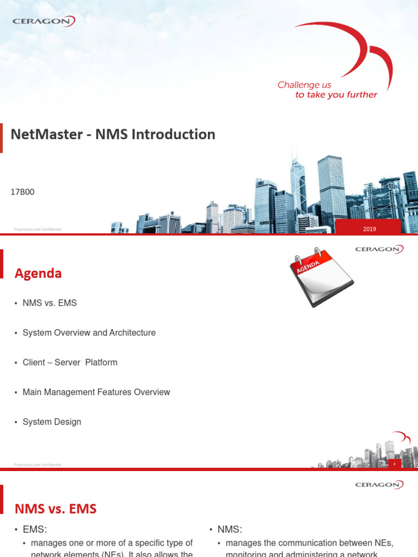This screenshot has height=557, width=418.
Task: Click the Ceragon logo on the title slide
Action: click(44, 21)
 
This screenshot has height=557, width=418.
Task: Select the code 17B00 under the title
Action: click(23, 192)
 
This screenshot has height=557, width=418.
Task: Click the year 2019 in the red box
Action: click(370, 229)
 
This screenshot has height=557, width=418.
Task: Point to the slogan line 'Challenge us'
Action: click(304, 85)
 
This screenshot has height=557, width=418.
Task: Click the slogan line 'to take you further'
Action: click(336, 95)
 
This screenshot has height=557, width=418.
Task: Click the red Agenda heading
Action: click(38, 274)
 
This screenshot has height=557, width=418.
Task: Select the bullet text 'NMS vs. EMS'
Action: click(50, 302)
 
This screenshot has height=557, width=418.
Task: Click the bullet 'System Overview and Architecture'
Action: click(89, 332)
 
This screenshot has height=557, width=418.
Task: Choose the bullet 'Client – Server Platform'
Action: click(70, 362)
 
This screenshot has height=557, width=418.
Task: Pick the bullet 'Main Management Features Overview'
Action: click(96, 392)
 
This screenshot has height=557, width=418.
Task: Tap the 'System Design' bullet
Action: click(52, 422)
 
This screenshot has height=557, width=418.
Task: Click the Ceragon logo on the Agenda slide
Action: click(379, 250)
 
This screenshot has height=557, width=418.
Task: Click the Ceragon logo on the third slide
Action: click(379, 485)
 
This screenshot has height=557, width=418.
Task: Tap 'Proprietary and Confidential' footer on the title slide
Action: click(37, 230)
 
